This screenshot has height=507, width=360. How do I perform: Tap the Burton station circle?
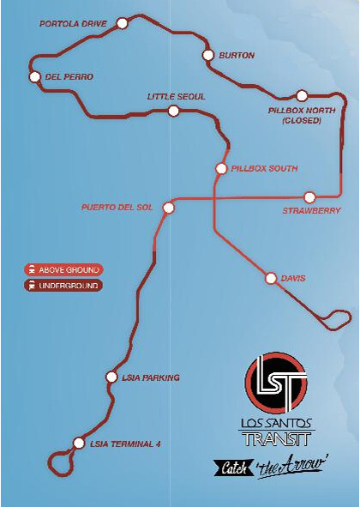pyautogui.click(x=207, y=55)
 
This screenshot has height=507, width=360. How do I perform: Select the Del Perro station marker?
pyautogui.click(x=35, y=76)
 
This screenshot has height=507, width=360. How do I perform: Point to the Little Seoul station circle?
pyautogui.click(x=173, y=111)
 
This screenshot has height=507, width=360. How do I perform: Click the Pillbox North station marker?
pyautogui.click(x=302, y=96)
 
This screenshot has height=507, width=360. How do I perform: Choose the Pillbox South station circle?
pyautogui.click(x=221, y=168)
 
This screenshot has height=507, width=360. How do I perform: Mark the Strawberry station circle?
pyautogui.click(x=309, y=196)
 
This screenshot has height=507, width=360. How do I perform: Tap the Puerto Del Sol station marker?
pyautogui.click(x=168, y=207)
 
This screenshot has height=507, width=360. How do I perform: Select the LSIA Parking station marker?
pyautogui.click(x=111, y=377)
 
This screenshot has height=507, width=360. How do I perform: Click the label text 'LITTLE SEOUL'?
pyautogui.click(x=176, y=97)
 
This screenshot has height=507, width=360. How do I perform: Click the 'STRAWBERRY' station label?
pyautogui.click(x=311, y=210)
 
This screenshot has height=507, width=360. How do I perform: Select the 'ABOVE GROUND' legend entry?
pyautogui.click(x=63, y=269)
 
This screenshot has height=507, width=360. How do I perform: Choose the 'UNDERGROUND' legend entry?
pyautogui.click(x=63, y=285)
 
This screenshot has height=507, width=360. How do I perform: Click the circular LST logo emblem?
pyautogui.click(x=276, y=381)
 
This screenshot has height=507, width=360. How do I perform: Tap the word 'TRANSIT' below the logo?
pyautogui.click(x=276, y=441)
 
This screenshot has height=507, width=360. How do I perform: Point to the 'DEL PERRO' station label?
pyautogui.click(x=69, y=76)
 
